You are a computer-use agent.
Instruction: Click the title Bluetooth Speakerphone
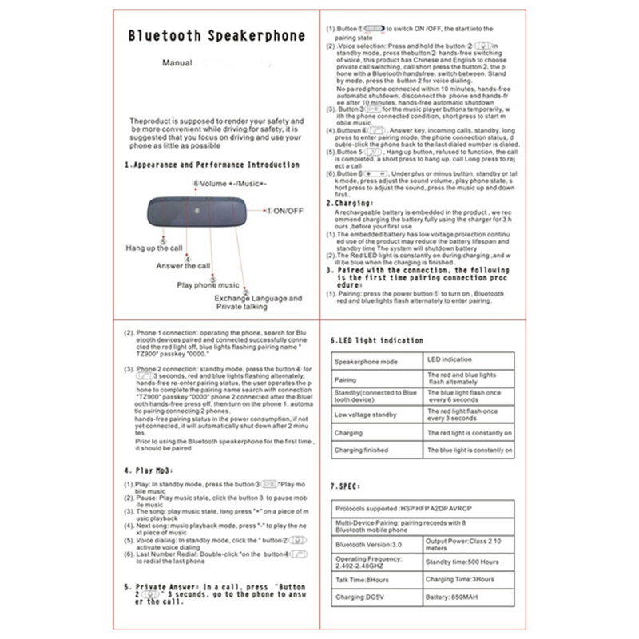click(x=217, y=35)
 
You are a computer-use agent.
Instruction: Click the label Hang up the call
click(x=154, y=248)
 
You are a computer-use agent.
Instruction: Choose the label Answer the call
click(x=183, y=266)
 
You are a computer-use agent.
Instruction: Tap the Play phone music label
click(x=208, y=284)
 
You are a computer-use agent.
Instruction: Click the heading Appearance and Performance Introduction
click(x=212, y=165)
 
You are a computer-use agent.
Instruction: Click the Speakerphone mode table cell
click(x=365, y=361)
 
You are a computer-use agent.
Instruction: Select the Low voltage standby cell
click(x=366, y=415)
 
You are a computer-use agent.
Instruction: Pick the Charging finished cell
click(x=362, y=450)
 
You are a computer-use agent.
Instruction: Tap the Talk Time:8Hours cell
click(x=363, y=578)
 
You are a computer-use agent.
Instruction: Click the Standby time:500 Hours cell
click(x=462, y=562)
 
